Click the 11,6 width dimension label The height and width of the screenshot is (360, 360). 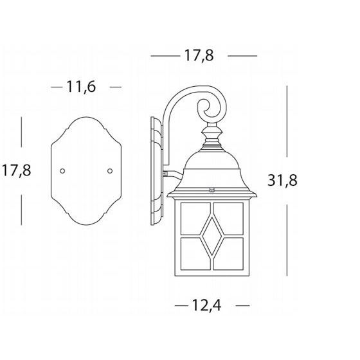[x=81, y=87]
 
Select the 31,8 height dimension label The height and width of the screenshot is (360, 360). [x=282, y=181]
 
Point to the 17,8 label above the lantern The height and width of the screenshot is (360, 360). [x=199, y=55]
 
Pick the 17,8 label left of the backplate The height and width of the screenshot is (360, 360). [x=17, y=170]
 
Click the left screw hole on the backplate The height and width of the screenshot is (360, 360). [x=62, y=171]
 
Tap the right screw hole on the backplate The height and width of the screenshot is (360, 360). [x=110, y=171]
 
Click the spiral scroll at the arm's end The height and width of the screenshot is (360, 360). [x=212, y=108]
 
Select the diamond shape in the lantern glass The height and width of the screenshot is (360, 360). [x=212, y=236]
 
